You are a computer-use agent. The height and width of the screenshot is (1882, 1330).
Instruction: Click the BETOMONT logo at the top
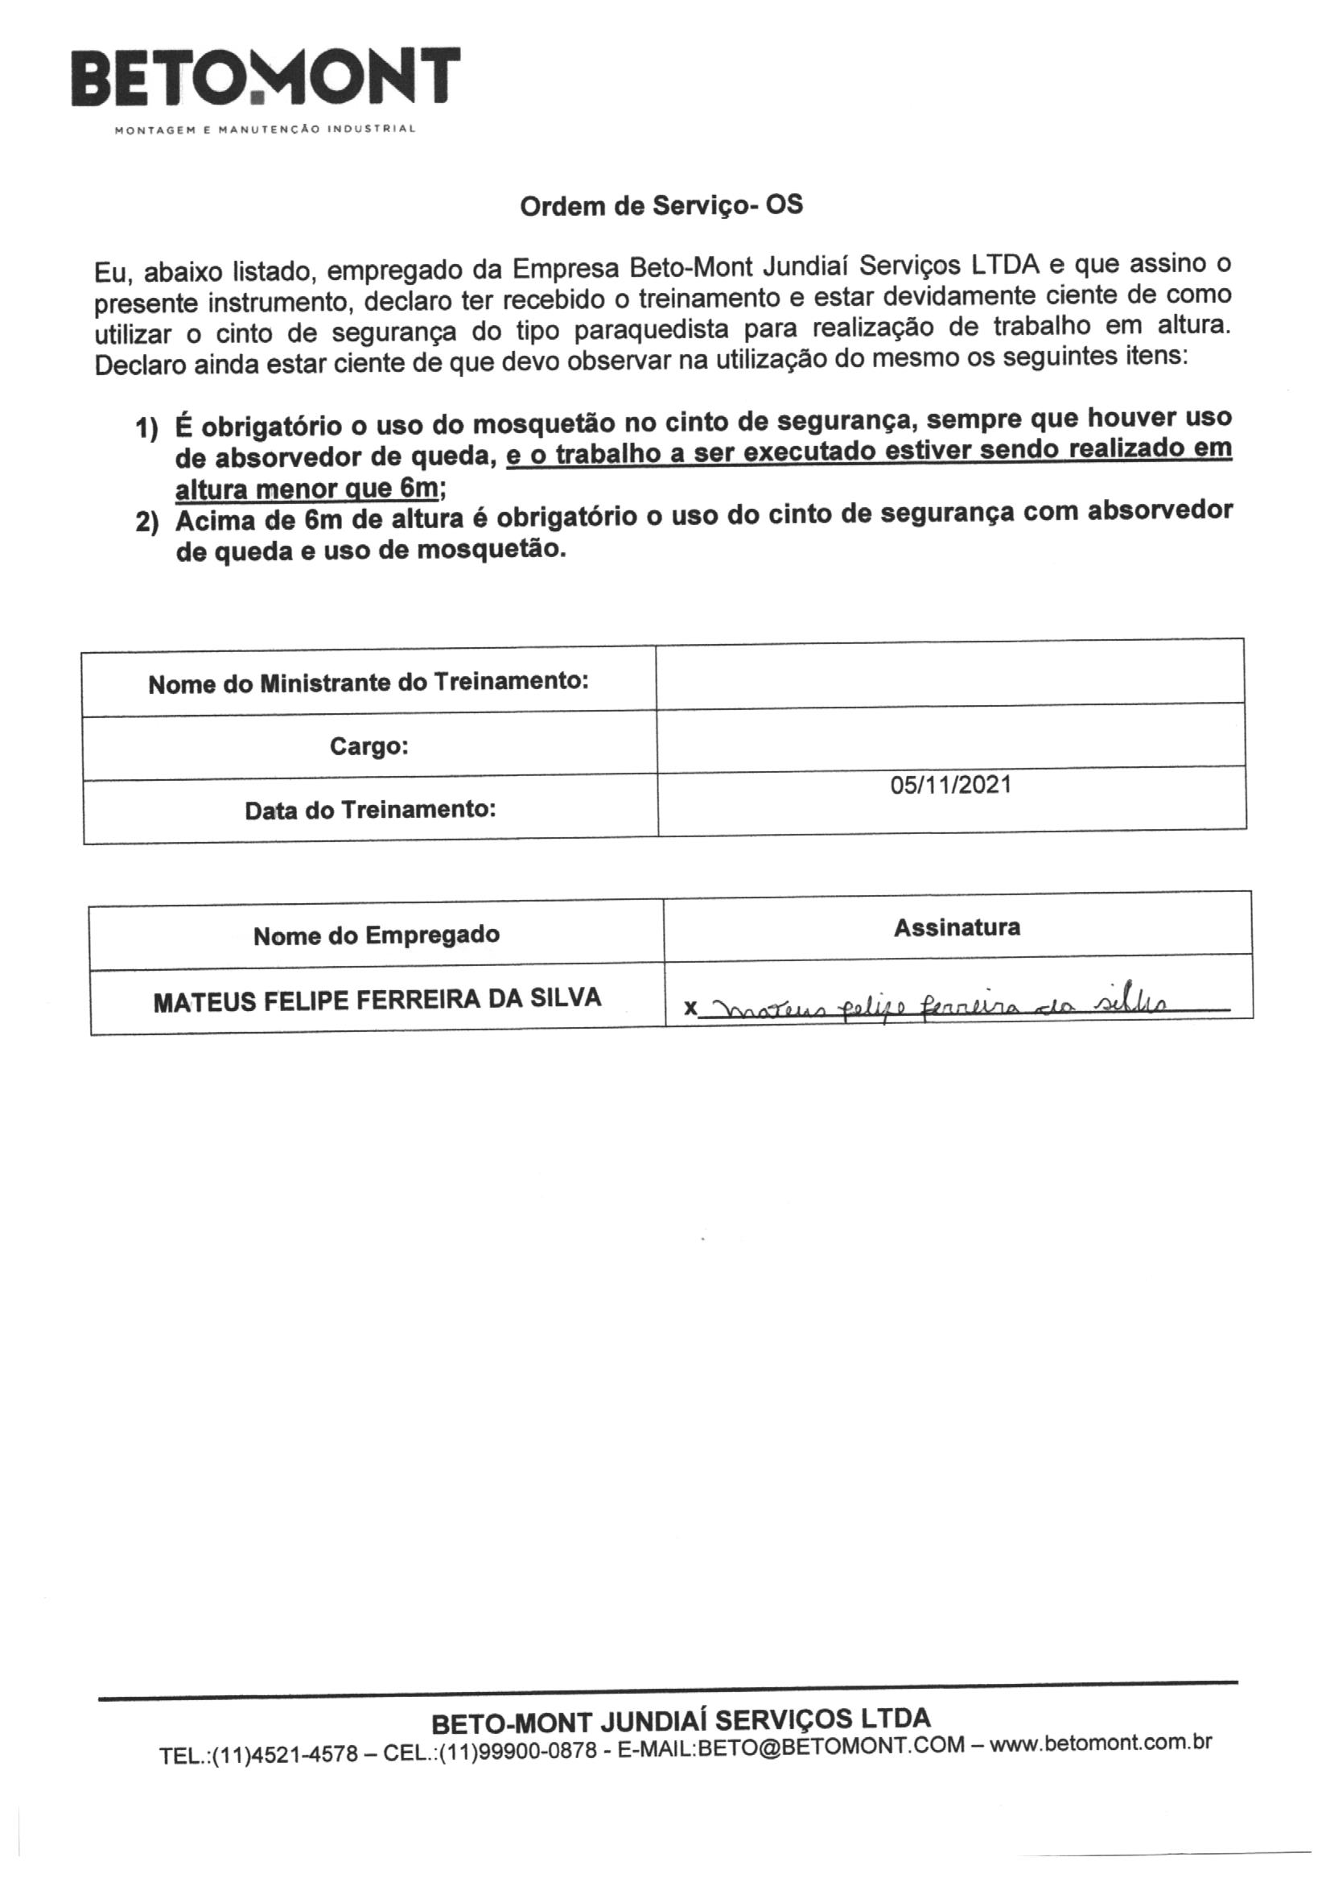coord(266,78)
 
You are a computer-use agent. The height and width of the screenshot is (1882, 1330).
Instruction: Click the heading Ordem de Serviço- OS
coord(661,206)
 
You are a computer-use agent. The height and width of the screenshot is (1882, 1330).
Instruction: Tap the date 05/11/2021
coord(950,786)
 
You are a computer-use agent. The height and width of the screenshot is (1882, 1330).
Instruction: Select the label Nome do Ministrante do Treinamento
coord(368,683)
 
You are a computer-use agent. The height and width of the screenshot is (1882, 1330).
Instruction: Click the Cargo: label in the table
coord(369,747)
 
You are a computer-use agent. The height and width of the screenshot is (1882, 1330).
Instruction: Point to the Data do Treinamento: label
coord(369,811)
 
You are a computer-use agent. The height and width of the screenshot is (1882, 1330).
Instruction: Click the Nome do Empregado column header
coord(376,935)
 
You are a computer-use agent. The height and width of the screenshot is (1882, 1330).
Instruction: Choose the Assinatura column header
coord(957,928)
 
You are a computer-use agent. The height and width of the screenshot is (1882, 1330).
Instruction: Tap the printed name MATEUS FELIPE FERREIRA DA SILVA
coord(377,999)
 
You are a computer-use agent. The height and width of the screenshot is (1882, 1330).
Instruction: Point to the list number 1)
coord(146,428)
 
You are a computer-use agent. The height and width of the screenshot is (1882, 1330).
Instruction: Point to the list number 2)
coord(146,522)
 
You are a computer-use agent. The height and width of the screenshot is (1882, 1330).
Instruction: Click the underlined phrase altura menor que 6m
coord(307,489)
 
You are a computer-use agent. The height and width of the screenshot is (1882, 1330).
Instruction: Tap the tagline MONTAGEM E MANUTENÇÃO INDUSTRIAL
coord(266,130)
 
